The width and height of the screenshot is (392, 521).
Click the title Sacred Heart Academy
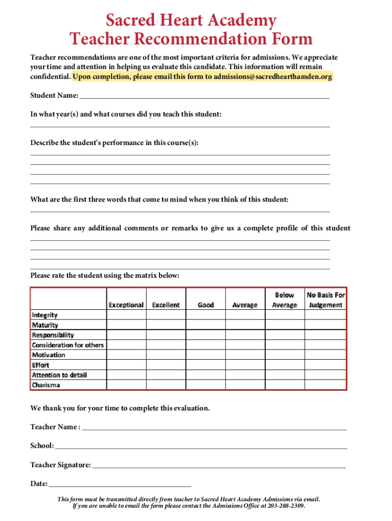[191, 21]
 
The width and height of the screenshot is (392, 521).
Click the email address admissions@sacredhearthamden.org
[273, 77]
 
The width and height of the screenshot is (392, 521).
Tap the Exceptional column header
[126, 305]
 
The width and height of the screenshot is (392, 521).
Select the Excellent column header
[166, 305]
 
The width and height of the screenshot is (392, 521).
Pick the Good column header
[206, 305]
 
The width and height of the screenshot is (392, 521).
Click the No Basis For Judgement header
[325, 300]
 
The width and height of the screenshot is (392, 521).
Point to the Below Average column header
[285, 300]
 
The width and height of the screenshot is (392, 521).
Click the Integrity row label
[45, 315]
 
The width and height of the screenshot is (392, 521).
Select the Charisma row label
[46, 385]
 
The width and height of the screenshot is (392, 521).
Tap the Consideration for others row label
[68, 345]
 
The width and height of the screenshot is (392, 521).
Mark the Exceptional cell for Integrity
[126, 315]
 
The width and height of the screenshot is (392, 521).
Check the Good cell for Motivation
[206, 355]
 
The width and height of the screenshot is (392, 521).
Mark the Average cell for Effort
[245, 365]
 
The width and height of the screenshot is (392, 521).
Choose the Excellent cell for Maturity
[166, 325]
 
